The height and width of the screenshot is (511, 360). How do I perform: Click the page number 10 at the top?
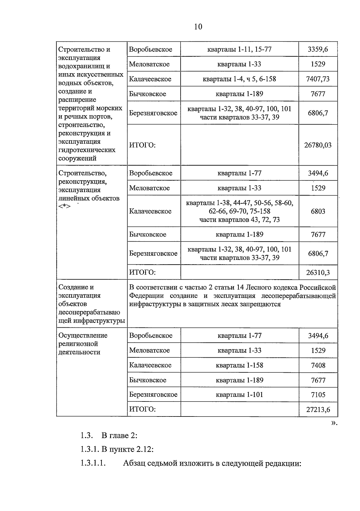198,27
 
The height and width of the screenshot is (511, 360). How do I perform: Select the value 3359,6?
318,49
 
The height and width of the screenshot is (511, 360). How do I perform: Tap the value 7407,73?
318,79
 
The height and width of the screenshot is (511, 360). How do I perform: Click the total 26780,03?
318,145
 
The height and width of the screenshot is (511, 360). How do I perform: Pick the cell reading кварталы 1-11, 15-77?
239,49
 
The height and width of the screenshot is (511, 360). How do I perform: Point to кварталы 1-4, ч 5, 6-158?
239,79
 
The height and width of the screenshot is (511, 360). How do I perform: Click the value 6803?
318,211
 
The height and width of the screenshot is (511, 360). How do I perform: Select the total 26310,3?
318,272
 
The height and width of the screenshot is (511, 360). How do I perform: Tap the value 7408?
318,365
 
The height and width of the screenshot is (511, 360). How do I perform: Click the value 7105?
318,395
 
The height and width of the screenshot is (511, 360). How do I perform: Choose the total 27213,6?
318,410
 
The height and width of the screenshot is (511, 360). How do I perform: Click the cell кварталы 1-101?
239,395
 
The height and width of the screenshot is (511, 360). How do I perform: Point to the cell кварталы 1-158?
239,365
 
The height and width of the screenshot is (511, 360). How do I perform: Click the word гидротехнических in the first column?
87,150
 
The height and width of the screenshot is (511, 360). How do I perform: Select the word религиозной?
78,344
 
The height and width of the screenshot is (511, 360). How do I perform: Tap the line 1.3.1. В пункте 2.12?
117,449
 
